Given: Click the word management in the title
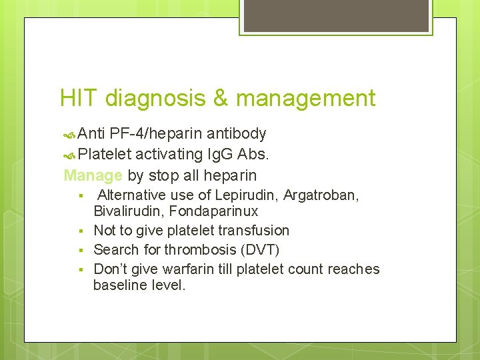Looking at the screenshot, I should (306, 99).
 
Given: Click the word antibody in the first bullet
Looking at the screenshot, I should (237, 134).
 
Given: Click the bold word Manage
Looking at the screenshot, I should (93, 176).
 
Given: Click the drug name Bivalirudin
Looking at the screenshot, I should (128, 212).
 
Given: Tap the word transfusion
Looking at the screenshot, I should (256, 231).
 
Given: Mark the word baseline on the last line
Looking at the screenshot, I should (118, 286).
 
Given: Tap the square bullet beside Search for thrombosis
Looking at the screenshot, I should (80, 250).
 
